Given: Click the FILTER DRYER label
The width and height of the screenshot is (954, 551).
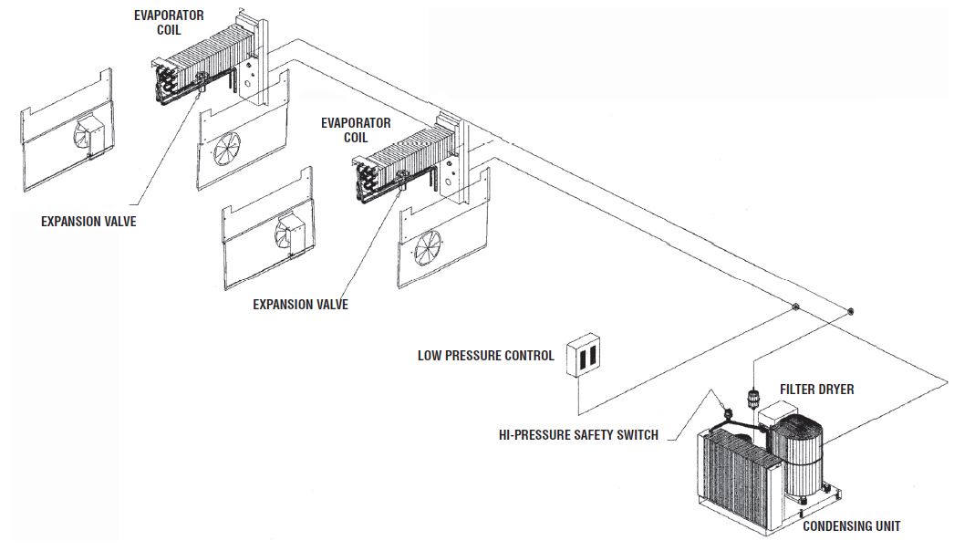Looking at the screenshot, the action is click(x=816, y=389).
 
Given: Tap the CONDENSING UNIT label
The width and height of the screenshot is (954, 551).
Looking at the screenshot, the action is click(x=851, y=526).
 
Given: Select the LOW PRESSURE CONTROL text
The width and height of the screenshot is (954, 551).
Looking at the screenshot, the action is click(x=485, y=356).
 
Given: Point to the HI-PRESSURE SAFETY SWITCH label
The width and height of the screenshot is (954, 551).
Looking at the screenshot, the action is click(x=578, y=435).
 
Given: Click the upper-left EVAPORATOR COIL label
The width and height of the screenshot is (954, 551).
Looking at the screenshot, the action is click(x=169, y=23).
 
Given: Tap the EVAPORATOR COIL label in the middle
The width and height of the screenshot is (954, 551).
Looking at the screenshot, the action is click(x=356, y=130).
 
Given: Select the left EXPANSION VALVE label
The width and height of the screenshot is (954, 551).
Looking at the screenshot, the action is click(x=88, y=222).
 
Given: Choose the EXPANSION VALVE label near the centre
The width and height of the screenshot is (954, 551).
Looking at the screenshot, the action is click(x=301, y=305).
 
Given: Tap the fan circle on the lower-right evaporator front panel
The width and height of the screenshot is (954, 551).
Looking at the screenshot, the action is click(x=428, y=247).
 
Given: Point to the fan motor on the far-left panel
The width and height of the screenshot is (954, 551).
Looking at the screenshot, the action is click(x=96, y=134).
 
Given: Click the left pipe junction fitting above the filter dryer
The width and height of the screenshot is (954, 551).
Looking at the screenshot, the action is click(x=794, y=307).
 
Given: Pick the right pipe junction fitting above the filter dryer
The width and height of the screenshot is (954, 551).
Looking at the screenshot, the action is click(x=850, y=312).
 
